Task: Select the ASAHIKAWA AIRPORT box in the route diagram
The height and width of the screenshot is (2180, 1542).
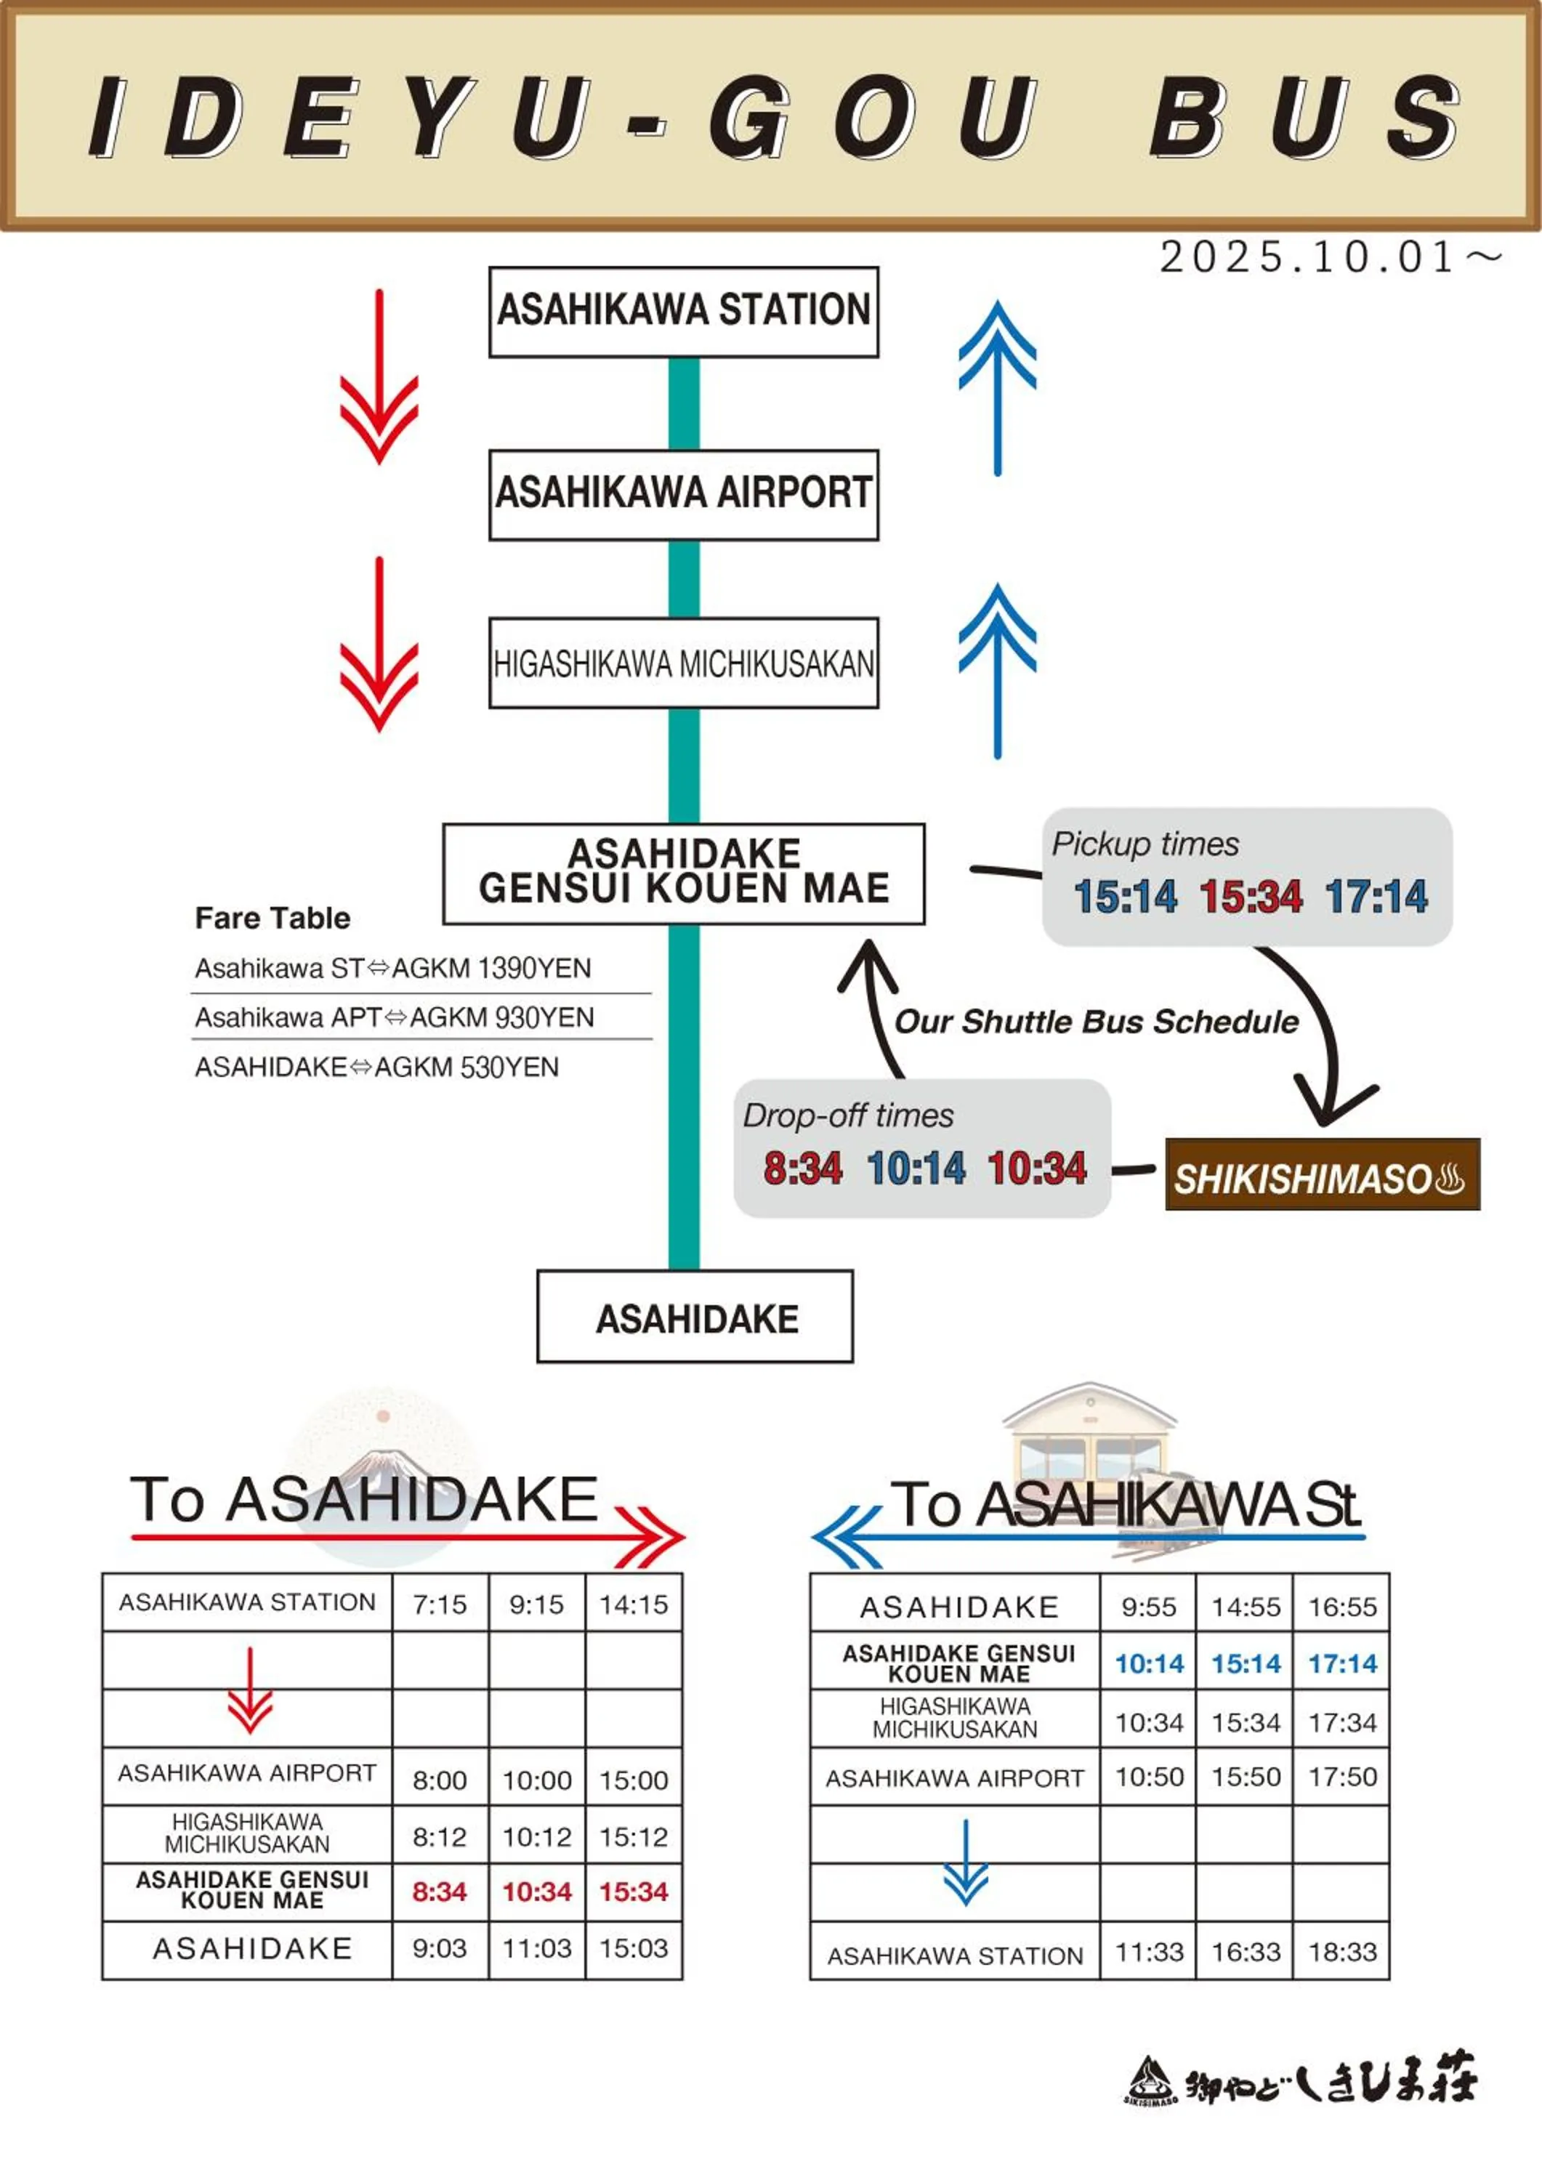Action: tap(684, 493)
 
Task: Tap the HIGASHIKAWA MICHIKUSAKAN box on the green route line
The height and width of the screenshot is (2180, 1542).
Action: tap(684, 663)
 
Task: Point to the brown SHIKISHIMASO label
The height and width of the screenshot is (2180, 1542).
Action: tap(1322, 1179)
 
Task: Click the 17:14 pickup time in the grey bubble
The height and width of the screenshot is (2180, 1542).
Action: tap(1377, 896)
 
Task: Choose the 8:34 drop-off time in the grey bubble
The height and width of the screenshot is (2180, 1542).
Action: tap(802, 1168)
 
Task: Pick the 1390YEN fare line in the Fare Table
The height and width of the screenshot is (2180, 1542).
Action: tap(393, 969)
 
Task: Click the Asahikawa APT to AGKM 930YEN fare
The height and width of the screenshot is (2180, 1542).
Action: tap(394, 1018)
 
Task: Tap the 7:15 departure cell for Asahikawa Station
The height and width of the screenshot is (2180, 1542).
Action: tap(440, 1604)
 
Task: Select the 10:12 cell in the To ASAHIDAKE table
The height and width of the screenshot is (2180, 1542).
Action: tap(536, 1837)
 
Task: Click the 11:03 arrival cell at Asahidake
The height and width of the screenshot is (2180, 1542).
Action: tap(536, 1948)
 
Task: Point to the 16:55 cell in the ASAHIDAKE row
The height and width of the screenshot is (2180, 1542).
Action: tap(1341, 1607)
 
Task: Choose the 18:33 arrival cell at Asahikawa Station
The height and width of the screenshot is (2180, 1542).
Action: tap(1341, 1952)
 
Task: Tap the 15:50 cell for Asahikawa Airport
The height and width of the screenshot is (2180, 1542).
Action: tap(1246, 1777)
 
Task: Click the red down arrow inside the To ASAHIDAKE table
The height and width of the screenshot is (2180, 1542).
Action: tap(250, 1690)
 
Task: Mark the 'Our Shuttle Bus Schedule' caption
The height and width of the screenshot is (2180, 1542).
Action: tap(1097, 1022)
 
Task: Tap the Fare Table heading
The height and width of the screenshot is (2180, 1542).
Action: tap(273, 919)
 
